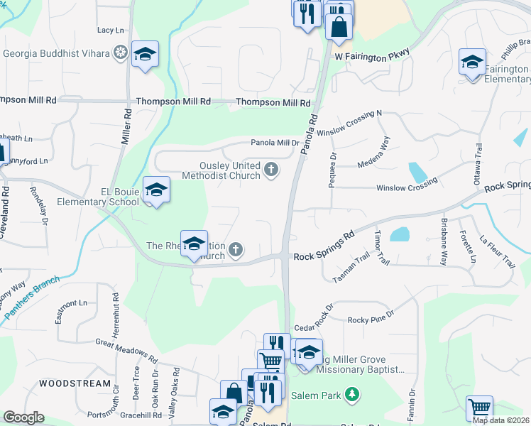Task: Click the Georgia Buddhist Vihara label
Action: (57, 53)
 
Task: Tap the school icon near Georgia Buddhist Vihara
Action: (145, 55)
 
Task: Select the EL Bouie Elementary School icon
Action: (157, 190)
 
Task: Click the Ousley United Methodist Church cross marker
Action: (270, 169)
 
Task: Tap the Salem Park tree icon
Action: (350, 393)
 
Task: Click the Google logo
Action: (24, 417)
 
